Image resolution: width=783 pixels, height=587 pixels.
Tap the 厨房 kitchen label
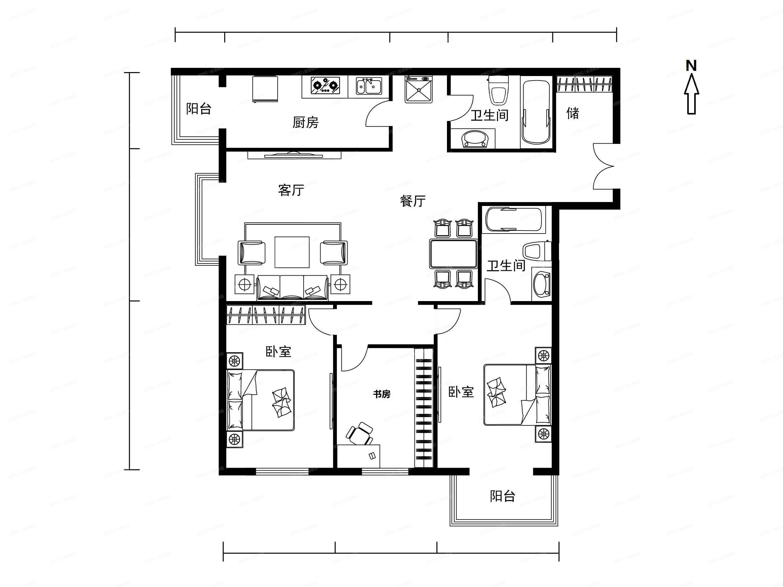coord(305,122)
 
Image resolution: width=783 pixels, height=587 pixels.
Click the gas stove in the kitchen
coord(325,86)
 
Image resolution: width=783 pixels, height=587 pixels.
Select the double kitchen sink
coord(369,86)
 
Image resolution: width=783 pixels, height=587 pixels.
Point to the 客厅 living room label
coord(291,190)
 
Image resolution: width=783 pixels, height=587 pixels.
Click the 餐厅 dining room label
coord(412,201)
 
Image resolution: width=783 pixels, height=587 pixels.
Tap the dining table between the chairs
coord(453,254)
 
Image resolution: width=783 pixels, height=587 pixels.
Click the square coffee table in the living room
coord(292,252)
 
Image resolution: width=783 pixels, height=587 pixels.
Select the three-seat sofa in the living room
coord(292,288)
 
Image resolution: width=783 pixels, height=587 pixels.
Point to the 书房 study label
coord(382,394)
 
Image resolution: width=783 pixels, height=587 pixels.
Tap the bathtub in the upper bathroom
coord(536,112)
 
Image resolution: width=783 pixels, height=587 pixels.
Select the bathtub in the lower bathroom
coord(513,220)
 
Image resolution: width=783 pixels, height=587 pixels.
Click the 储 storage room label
coord(572,113)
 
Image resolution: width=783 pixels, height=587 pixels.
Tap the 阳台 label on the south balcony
coord(502,496)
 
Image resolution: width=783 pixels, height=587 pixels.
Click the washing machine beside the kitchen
coord(419,90)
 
